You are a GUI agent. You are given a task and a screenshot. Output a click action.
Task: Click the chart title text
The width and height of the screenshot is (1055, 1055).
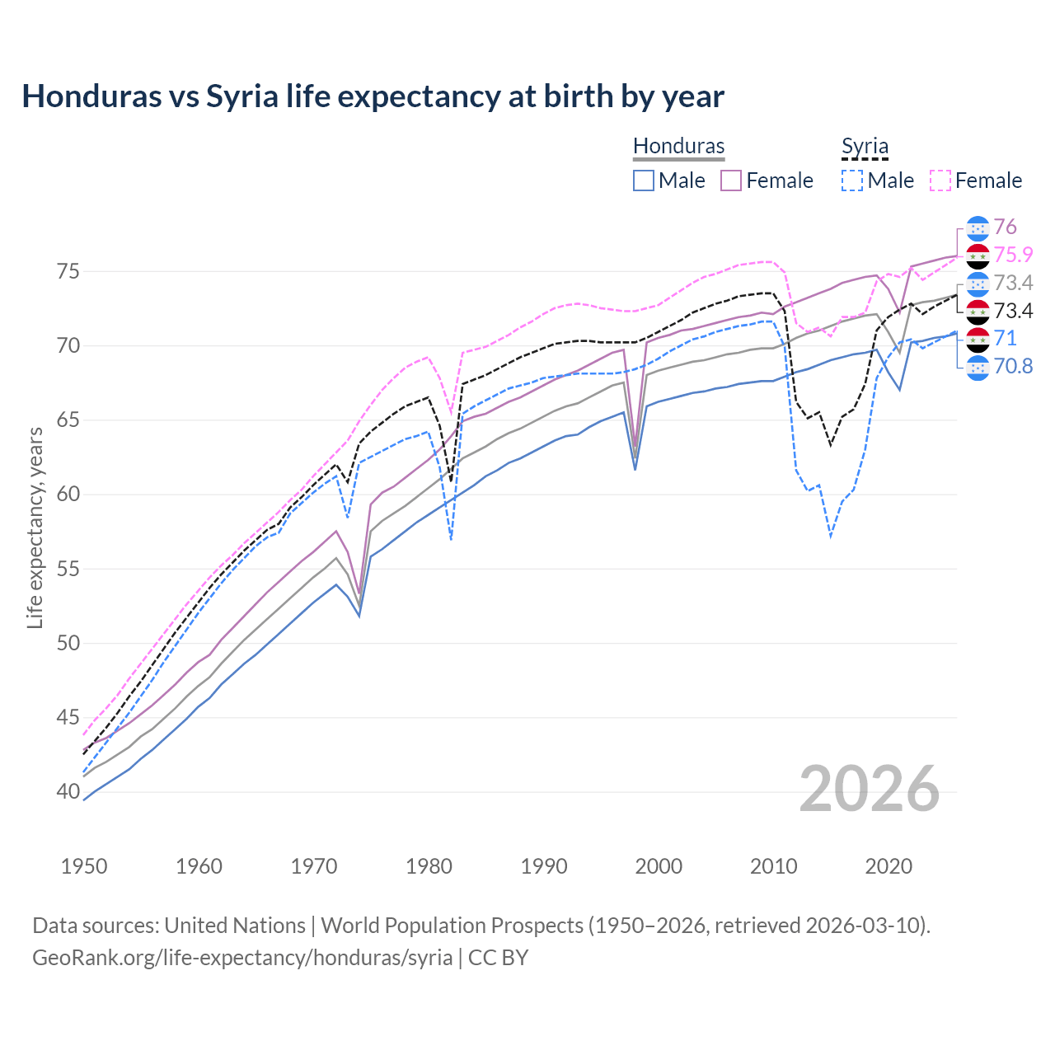coord(373,96)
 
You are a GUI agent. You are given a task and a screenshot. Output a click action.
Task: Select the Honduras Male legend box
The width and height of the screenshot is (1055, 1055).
coord(644,181)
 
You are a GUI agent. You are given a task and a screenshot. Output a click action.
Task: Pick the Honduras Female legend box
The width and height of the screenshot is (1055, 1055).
coord(731,181)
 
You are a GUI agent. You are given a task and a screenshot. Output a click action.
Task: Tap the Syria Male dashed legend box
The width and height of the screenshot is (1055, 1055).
coord(852,181)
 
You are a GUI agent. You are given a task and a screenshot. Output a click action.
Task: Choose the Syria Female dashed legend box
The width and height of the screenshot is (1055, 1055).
coord(940,181)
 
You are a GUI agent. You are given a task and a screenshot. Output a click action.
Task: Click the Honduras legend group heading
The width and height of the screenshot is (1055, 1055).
coord(678,146)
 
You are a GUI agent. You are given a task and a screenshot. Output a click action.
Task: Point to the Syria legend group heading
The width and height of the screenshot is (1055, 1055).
coord(865,146)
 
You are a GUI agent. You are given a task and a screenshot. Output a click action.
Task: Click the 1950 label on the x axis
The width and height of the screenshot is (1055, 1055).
coord(84,866)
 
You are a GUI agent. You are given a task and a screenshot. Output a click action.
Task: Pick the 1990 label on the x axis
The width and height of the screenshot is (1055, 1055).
coord(544,866)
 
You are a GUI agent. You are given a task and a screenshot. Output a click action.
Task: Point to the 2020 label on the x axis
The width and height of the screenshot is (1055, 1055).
coord(889,866)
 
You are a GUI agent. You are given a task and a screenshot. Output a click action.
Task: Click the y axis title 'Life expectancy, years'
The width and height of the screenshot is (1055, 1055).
coord(35,527)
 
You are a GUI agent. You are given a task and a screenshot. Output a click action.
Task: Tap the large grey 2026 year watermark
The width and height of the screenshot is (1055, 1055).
coord(870,789)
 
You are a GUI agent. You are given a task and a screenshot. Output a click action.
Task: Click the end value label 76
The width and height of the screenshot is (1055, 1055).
coord(1005,227)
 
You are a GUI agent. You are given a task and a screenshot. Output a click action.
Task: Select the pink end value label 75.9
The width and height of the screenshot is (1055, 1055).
coord(1013,255)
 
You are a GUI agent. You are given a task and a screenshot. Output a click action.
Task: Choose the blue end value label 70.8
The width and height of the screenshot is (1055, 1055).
coord(1013,366)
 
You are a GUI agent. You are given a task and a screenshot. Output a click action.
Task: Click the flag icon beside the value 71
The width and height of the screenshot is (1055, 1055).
coord(978,339)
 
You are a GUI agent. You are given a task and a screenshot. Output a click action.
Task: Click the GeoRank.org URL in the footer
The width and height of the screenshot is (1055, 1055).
coord(242,958)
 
